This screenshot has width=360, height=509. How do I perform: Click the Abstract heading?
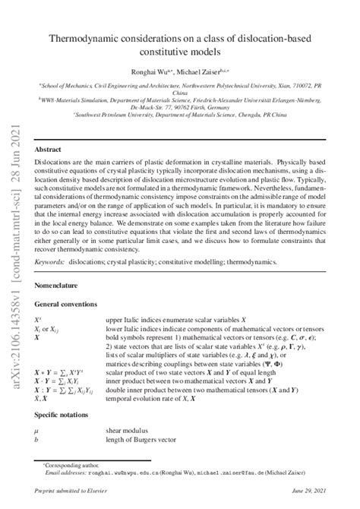click(49, 150)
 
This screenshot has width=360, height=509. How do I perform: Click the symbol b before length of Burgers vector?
click(36, 439)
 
